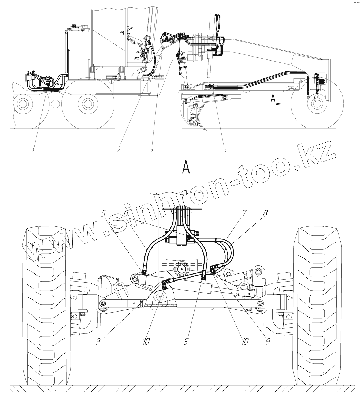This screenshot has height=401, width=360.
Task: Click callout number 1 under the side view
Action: pos(33,150)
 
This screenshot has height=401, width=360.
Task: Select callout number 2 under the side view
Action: pos(118,150)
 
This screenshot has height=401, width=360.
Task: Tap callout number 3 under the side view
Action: pos(151,150)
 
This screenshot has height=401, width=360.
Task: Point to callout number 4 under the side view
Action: pos(225,150)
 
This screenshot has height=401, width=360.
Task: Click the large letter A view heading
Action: pos(186,167)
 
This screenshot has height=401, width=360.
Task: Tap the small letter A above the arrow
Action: pos(273,98)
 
